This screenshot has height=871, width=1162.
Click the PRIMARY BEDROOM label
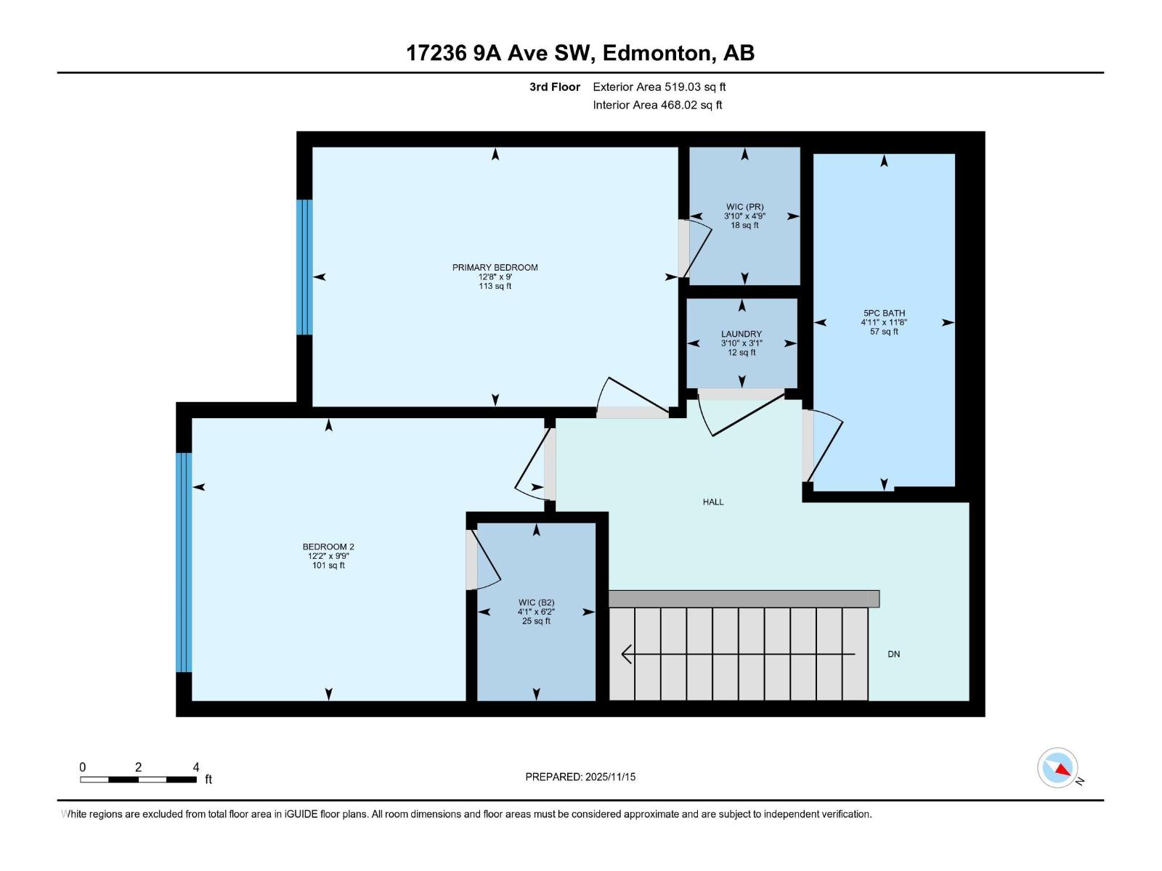point(495,268)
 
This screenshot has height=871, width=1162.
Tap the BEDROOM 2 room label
point(328,547)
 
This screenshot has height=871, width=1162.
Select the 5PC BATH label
point(884,314)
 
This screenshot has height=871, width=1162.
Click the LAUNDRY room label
point(741,335)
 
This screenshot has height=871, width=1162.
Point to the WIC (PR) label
point(744,208)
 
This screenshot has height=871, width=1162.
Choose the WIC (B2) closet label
point(536,603)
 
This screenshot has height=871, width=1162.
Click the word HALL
point(712,502)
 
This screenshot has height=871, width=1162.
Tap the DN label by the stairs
point(893,655)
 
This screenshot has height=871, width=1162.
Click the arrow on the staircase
point(737,655)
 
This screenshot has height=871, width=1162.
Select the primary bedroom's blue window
point(304,267)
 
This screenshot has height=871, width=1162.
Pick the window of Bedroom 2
point(184,563)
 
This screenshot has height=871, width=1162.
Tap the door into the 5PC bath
point(824,450)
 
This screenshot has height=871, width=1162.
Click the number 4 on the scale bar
point(195,767)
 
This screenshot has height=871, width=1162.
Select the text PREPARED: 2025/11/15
point(580,777)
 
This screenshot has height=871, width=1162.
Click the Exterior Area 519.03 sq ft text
point(659,87)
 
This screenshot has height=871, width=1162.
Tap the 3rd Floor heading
point(554,87)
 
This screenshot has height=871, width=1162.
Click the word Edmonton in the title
point(656,53)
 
